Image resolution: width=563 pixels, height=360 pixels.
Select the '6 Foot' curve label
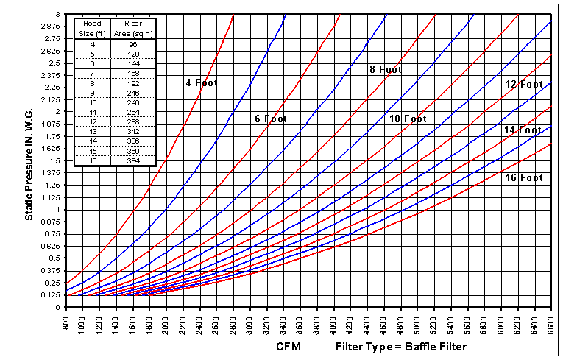(281, 119)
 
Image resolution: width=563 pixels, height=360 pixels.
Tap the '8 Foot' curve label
(386, 70)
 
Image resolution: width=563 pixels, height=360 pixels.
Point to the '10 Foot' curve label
(407, 119)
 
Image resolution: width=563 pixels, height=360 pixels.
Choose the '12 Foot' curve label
(523, 84)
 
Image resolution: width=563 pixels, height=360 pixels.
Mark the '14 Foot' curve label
(523, 130)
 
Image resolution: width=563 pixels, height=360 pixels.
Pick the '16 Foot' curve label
(523, 178)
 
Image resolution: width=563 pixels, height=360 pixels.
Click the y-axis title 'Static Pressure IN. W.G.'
(29, 160)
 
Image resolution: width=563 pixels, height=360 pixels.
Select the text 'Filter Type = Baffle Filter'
(400, 346)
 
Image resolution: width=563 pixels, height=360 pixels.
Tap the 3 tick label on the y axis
(57, 15)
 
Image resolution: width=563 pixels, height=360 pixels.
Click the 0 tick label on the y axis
(57, 306)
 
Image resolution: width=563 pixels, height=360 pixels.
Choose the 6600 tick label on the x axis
(551, 322)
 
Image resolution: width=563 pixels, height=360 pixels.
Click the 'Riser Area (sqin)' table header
(133, 29)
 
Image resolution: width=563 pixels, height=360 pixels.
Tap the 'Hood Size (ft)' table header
(91, 29)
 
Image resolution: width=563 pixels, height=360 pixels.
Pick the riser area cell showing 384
(133, 160)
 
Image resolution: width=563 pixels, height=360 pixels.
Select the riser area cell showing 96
(133, 43)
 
